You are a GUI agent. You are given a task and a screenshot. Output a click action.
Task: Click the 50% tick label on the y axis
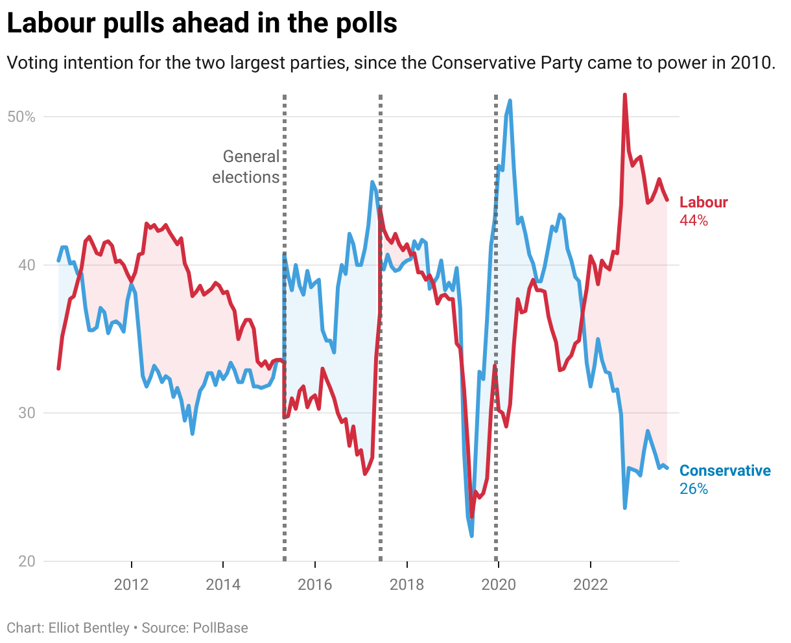pos(21,117)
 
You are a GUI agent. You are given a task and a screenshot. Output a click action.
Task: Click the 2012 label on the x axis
pos(131,585)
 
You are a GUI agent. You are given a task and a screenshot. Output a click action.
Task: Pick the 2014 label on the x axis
pos(223,585)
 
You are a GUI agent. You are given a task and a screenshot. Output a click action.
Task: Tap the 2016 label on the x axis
pos(314,585)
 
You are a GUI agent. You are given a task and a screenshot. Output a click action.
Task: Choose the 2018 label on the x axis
pos(407,585)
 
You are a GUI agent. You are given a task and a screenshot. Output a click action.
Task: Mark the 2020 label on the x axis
pos(499,585)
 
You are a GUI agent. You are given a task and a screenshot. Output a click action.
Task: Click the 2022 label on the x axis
pos(591,585)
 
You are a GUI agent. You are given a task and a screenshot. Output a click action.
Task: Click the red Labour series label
pos(703,202)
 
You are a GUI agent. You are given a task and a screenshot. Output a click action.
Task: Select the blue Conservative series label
pos(725,471)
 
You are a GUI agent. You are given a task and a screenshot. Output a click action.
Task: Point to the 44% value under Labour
pos(694,220)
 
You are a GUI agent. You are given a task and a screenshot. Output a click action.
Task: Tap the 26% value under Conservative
pos(694,489)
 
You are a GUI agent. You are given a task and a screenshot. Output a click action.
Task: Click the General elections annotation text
pos(246,167)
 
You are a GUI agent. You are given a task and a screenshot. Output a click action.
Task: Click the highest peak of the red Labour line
pos(624,95)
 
